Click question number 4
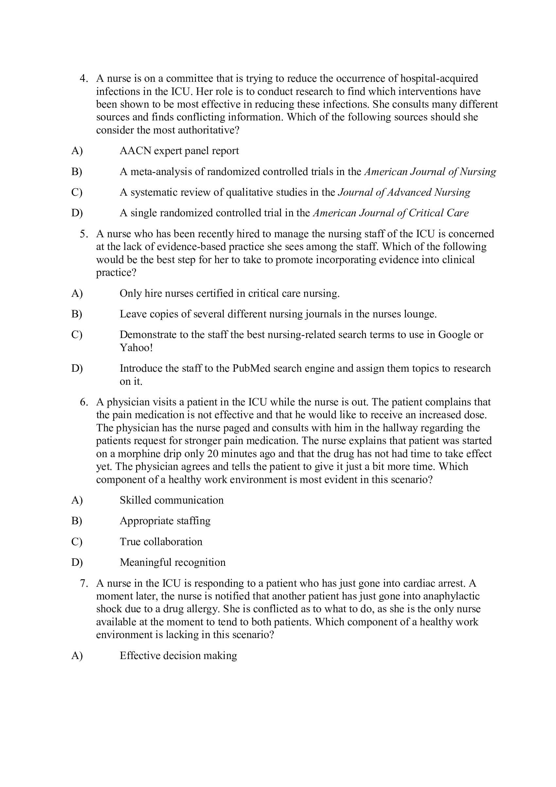coord(84,79)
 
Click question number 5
coord(84,234)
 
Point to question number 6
coord(84,402)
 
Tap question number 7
coord(84,583)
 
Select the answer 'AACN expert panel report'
coord(179,151)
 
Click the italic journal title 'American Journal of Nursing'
coord(430,172)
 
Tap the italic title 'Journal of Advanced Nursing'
coord(404,192)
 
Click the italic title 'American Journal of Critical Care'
coord(391,213)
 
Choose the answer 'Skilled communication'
coord(171,500)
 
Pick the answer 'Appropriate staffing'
coord(165,521)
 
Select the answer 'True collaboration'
coord(161,542)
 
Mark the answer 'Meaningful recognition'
coord(172,563)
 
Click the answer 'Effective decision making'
coord(178,656)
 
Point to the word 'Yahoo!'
coord(136,348)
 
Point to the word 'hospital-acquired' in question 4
coord(439,79)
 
